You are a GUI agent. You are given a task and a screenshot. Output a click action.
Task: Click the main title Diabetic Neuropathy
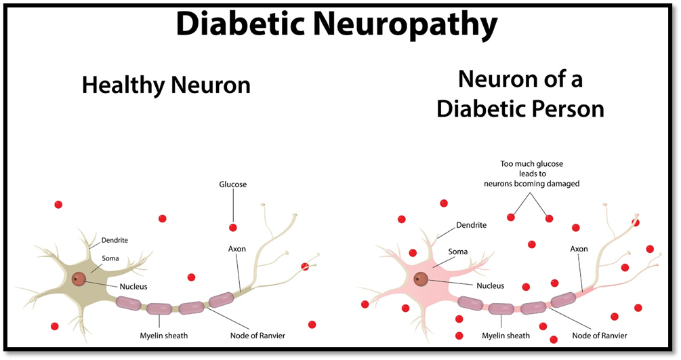pyautogui.click(x=337, y=24)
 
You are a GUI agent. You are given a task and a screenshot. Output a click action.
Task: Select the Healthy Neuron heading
pyautogui.click(x=166, y=85)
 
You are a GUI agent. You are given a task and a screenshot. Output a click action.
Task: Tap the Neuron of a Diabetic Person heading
pyautogui.click(x=520, y=94)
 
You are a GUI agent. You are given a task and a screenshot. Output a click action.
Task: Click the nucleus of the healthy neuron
pyautogui.click(x=79, y=279)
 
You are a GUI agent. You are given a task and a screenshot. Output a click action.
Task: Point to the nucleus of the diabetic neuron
pyautogui.click(x=420, y=279)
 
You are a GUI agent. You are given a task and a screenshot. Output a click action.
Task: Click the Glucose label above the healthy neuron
pyautogui.click(x=233, y=184)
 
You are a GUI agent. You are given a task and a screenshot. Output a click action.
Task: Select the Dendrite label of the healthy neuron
pyautogui.click(x=115, y=240)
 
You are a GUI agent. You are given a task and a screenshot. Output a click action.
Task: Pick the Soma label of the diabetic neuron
pyautogui.click(x=458, y=252)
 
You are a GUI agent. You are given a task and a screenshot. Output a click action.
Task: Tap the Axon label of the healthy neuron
pyautogui.click(x=237, y=249)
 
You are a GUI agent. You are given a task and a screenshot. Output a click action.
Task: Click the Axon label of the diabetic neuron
pyautogui.click(x=579, y=249)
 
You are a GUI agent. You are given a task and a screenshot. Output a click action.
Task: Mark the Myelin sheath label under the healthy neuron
pyautogui.click(x=164, y=336)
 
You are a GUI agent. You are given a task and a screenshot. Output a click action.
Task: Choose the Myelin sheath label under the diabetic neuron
pyautogui.click(x=506, y=336)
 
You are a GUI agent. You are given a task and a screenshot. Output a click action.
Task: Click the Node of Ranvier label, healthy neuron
pyautogui.click(x=257, y=336)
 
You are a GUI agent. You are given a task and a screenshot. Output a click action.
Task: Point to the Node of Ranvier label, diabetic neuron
pyautogui.click(x=600, y=336)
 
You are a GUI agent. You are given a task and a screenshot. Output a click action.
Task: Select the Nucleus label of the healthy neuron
pyautogui.click(x=133, y=287)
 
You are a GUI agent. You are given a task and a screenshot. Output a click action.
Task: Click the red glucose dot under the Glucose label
pyautogui.click(x=233, y=227)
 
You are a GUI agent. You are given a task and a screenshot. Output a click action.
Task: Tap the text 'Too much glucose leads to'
pyautogui.click(x=532, y=169)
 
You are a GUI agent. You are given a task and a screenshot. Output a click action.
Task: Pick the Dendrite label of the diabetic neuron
pyautogui.click(x=471, y=225)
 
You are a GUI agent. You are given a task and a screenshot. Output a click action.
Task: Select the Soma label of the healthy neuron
pyautogui.click(x=110, y=258)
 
